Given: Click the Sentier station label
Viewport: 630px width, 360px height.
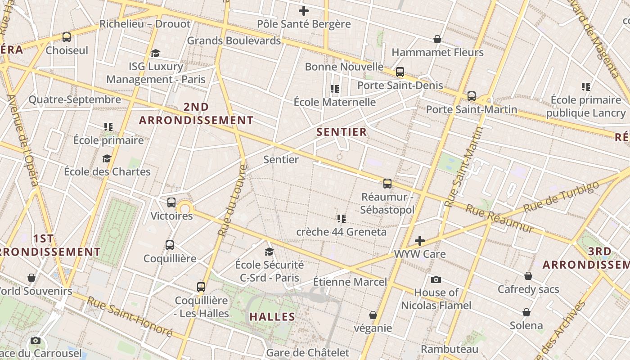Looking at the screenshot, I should coord(281,159).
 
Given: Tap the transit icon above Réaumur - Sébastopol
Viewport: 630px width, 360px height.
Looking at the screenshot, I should coord(387,184).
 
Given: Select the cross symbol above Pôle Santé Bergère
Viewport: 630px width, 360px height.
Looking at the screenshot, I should coord(304,11).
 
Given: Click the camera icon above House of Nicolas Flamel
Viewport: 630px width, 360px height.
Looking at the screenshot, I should coord(436,280).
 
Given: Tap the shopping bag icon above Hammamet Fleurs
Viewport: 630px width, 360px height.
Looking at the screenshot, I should coord(437,40).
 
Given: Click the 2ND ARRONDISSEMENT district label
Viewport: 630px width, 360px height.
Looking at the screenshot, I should coord(196,113).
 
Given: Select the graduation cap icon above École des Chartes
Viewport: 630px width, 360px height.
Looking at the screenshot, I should coord(107,158).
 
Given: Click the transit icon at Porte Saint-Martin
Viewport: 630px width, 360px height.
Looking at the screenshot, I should coord(472,96).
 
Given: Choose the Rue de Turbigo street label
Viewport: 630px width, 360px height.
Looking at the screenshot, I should coord(561,197).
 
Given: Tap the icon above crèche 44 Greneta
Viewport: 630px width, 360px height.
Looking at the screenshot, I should coord(342,219).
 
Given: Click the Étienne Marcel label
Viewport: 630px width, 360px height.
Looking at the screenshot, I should coord(350,282).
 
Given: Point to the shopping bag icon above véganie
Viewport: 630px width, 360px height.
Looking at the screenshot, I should coord(373,315).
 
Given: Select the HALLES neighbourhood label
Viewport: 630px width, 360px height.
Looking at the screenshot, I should coord(272,316).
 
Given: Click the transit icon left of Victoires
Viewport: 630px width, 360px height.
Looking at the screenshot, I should coord(171,202).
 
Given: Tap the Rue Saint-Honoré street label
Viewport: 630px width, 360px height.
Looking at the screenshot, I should coord(130,316).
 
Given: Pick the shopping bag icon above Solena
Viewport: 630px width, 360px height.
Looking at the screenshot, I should coord(526,312).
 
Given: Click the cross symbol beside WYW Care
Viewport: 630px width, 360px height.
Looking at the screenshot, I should coord(420,241).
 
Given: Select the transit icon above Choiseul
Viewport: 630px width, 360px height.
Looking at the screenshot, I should coord(67,37).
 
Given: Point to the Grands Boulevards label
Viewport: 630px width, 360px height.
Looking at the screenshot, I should coord(234,40).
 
